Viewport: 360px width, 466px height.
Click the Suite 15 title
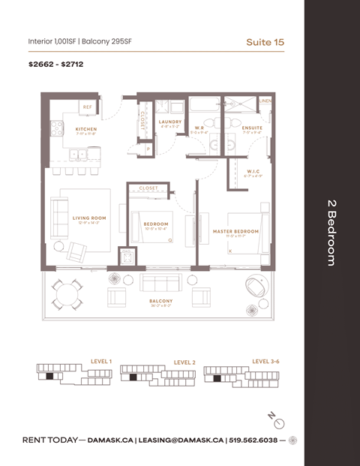[265, 42]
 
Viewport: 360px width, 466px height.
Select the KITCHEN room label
[86, 129]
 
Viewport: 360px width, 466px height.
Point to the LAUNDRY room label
[170, 122]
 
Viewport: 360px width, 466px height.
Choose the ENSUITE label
[252, 128]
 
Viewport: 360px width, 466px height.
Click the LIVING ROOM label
[89, 218]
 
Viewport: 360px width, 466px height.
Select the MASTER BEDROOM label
[235, 231]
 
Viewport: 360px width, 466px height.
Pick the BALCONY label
[160, 301]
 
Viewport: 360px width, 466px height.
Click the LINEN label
[265, 100]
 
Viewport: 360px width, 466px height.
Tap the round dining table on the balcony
[65, 292]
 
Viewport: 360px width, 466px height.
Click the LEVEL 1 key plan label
[100, 361]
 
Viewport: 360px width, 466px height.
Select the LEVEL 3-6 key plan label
[265, 361]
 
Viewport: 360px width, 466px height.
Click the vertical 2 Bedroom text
[331, 232]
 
